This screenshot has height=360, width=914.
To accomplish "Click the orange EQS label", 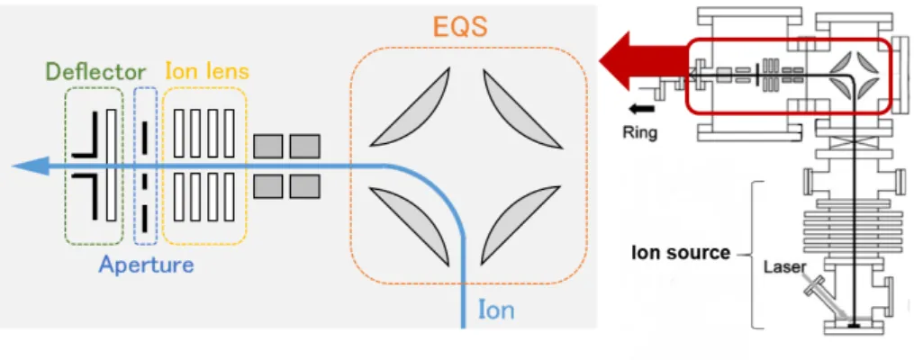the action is point(460,26).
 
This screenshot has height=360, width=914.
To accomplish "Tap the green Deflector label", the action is point(95,72).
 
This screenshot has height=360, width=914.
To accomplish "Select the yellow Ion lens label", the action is point(207,71).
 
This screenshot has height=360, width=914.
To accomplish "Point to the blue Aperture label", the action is point(146,265).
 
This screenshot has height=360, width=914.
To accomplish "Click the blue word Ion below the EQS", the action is point(496,310).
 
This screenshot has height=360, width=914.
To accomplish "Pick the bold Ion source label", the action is point(681,253).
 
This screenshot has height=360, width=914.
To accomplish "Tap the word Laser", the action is point(786,266).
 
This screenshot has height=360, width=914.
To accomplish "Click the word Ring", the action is point(639,132).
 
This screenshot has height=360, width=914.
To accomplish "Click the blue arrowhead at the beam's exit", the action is point(31,166).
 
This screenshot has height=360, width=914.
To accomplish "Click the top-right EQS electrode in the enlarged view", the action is point(521,109).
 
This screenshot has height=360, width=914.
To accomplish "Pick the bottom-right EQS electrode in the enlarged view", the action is point(520,225).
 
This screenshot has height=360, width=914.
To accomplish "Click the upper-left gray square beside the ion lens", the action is point(268,146).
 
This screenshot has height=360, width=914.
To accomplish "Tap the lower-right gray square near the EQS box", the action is point(304,186).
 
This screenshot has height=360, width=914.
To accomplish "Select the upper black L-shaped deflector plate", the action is point(86,135).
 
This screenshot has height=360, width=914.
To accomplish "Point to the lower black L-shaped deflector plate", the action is point(86,196).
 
